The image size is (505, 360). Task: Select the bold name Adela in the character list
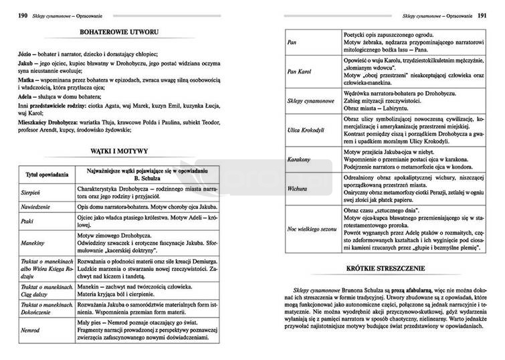pos(26,96)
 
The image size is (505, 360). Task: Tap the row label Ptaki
pos(27,220)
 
